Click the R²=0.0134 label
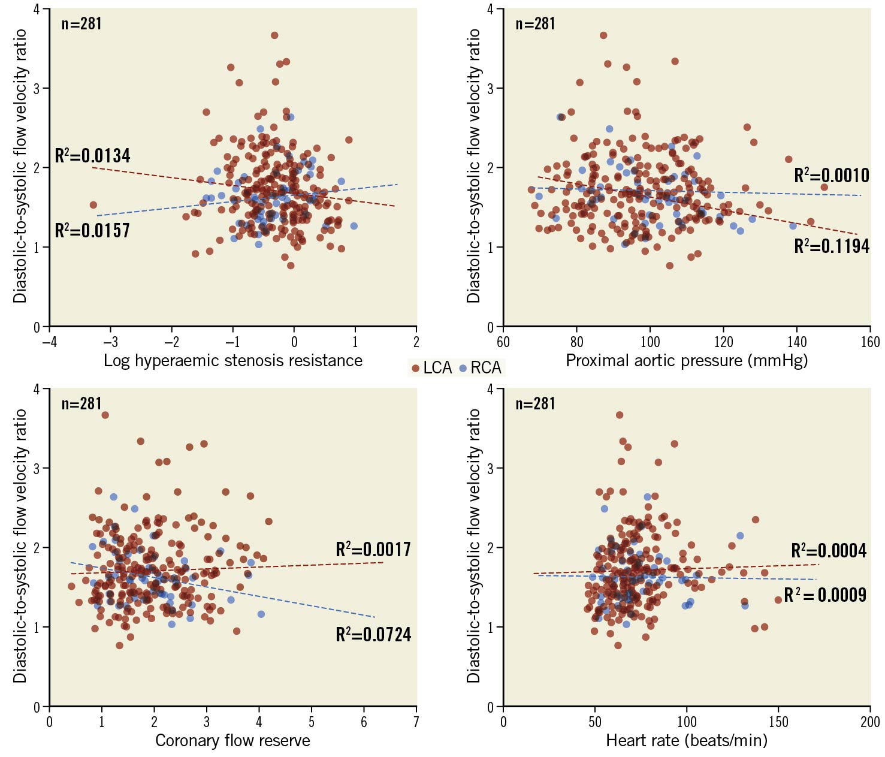[x=92, y=156]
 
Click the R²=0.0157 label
[x=92, y=231]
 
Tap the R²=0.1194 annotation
[x=831, y=246]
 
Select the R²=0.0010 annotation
[x=831, y=176]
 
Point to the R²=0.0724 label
[x=373, y=635]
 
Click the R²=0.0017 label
[x=373, y=550]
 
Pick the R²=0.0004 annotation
[x=829, y=551]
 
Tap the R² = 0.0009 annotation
[x=825, y=595]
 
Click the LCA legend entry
[x=432, y=367]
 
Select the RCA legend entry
[x=481, y=367]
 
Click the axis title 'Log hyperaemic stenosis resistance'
[x=233, y=361]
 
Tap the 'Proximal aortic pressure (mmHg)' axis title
[x=687, y=361]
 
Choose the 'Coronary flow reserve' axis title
[x=232, y=741]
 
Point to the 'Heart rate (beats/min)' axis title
[x=687, y=741]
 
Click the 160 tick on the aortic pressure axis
[x=870, y=342]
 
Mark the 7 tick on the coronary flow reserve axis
[x=416, y=722]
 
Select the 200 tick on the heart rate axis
[x=870, y=722]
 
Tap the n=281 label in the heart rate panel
[x=535, y=404]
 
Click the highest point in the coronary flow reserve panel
[x=105, y=415]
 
